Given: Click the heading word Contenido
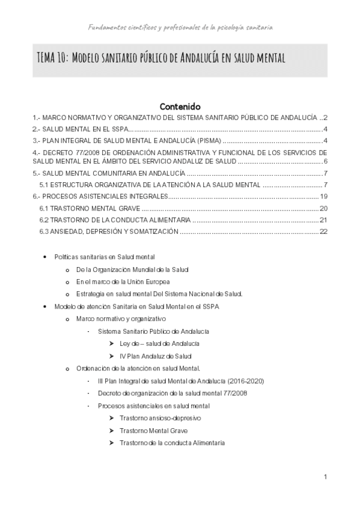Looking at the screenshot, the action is click(x=180, y=106).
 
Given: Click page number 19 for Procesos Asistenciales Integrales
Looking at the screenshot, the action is click(x=323, y=197).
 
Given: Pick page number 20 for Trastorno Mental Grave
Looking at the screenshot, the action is click(x=323, y=208).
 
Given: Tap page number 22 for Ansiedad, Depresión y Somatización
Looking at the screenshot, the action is click(x=323, y=231).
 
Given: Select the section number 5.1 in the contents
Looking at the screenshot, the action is click(x=44, y=185).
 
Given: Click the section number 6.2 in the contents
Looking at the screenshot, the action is click(x=44, y=220).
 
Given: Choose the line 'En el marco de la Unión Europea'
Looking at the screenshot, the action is click(x=123, y=281).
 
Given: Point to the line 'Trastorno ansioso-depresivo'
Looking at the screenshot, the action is click(x=160, y=418).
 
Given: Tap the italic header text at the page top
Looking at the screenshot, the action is click(x=180, y=27).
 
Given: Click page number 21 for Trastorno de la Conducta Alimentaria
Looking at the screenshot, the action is click(x=323, y=220).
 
